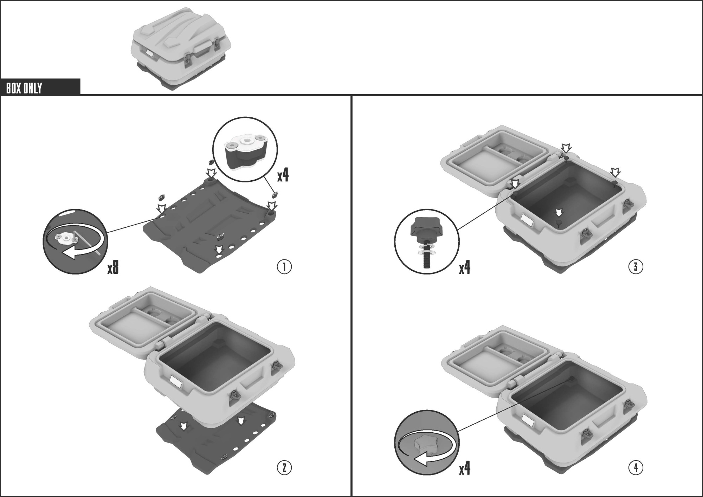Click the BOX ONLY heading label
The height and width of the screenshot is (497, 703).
pos(24,88)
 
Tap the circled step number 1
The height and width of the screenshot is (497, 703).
pos(284,267)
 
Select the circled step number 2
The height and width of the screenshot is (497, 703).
pos(284,467)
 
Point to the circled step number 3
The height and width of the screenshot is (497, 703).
pos(636,267)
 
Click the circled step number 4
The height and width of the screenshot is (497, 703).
pos(636,467)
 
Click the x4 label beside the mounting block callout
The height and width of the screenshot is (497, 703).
pos(283,175)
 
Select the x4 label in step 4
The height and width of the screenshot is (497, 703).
pos(465,469)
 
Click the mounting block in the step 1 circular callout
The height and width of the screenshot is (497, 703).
pos(245,150)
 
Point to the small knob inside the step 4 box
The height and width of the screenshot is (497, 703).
pos(572,379)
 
